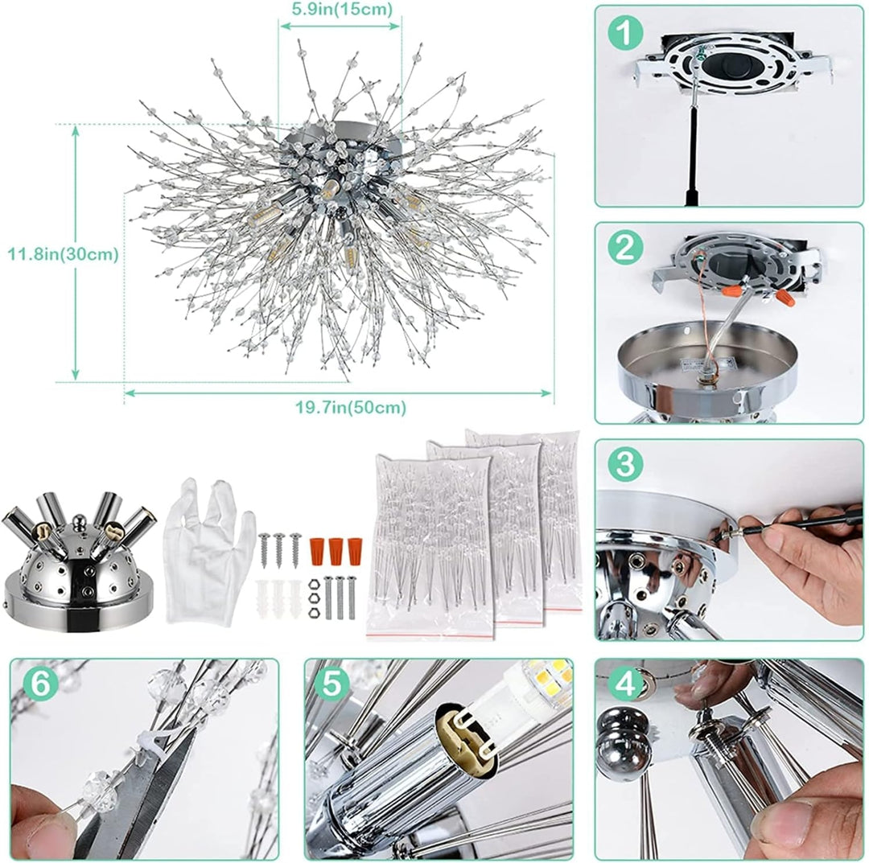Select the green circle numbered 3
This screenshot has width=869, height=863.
626,465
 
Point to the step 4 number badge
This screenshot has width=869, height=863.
626,685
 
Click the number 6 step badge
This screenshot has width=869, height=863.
41,685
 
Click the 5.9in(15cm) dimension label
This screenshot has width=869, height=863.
340,10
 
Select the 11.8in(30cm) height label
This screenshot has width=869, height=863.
63,254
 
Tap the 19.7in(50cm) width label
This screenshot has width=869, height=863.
345,407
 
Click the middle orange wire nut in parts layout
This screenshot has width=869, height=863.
336,549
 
